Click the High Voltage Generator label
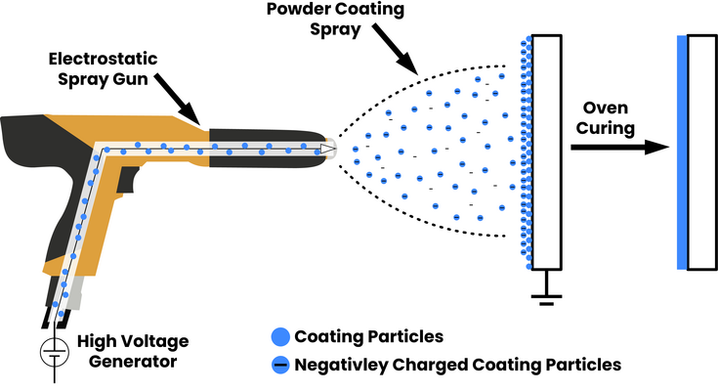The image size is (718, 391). coord(133,351)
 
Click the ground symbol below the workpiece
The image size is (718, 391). coord(545,293)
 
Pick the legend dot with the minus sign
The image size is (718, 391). coord(281,366)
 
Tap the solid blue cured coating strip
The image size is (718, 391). coord(680,152)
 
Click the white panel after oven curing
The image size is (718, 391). coord(701,152)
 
